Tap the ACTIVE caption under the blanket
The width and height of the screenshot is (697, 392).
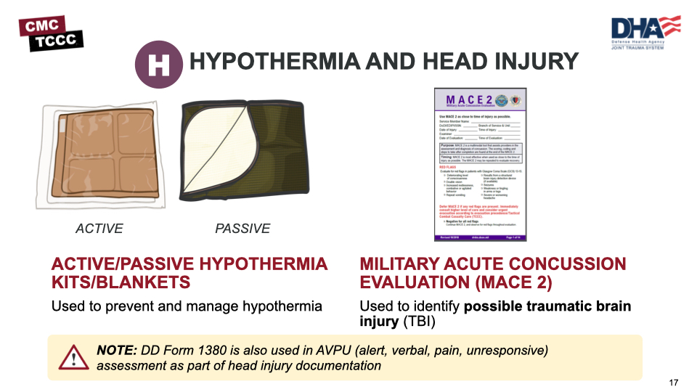coord(99,229)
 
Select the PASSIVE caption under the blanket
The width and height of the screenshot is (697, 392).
coord(242,229)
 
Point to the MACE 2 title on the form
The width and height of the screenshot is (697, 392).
coord(468,100)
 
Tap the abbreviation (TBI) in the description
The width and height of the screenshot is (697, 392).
coord(409,321)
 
